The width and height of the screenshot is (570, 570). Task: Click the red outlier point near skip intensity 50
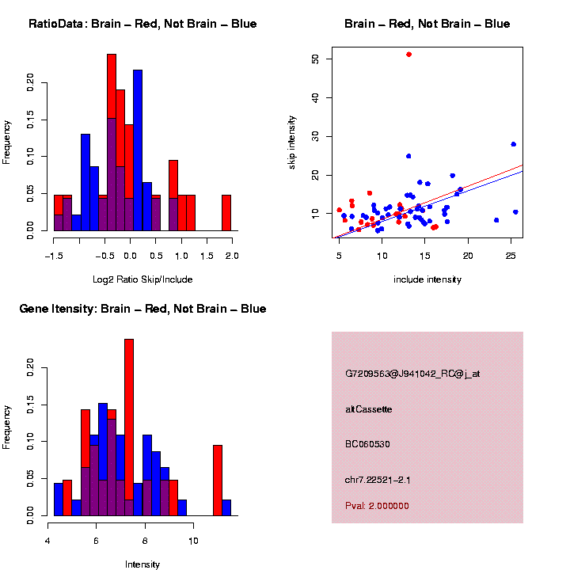pyautogui.click(x=408, y=54)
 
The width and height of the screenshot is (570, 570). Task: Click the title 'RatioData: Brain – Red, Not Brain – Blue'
pyautogui.click(x=142, y=24)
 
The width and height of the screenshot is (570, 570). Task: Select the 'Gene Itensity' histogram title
pyautogui.click(x=142, y=309)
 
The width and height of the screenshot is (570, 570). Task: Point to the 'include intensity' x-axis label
pyautogui.click(x=427, y=279)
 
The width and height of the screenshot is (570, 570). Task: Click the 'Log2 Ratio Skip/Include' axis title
pyautogui.click(x=142, y=279)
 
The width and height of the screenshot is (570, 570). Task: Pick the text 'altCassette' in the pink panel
pyautogui.click(x=369, y=409)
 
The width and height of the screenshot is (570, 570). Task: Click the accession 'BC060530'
pyautogui.click(x=368, y=444)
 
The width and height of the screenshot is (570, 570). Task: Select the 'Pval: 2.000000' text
pyautogui.click(x=377, y=506)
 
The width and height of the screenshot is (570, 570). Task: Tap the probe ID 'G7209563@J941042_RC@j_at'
pyautogui.click(x=412, y=374)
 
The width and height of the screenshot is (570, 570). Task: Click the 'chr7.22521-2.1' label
pyautogui.click(x=378, y=479)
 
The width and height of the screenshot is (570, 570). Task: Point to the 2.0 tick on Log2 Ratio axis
pyautogui.click(x=232, y=256)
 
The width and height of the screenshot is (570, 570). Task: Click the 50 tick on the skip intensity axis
pyautogui.click(x=316, y=59)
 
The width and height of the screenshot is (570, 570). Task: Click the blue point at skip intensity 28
pyautogui.click(x=513, y=144)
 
